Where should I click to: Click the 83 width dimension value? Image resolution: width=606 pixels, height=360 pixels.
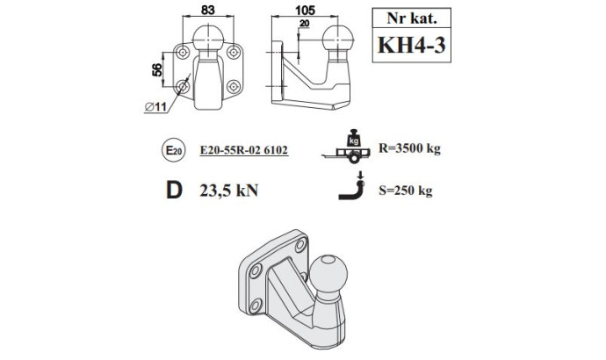[x=207, y=10]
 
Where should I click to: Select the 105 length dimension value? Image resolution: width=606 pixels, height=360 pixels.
[x=305, y=10]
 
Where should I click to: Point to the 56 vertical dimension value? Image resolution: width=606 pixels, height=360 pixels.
[x=157, y=70]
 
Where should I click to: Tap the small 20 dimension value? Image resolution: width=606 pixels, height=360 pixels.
[x=305, y=24]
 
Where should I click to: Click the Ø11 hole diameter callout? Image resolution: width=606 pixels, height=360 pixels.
[x=155, y=106]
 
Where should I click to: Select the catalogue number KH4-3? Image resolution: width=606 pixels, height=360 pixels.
[x=412, y=45]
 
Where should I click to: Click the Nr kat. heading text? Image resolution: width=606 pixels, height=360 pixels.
[x=412, y=18]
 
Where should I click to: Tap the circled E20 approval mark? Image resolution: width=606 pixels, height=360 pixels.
[x=174, y=150]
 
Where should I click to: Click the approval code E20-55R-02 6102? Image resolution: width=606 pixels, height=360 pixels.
[x=244, y=150]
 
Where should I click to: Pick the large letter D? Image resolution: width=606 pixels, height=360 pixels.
[x=174, y=190]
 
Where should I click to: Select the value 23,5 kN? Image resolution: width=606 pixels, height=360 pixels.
[x=229, y=191]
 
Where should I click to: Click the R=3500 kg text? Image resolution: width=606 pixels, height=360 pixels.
[x=409, y=148]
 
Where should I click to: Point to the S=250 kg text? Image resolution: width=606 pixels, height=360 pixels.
[x=406, y=191]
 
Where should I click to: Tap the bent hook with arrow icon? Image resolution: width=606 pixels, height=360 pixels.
[x=351, y=186]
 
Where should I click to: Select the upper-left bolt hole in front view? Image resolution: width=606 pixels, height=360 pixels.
[x=183, y=52]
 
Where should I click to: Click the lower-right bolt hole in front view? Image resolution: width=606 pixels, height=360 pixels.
[x=234, y=86]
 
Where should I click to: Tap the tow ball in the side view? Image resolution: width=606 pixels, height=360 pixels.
[x=338, y=40]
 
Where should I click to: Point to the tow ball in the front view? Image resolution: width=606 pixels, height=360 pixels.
[x=208, y=38]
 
